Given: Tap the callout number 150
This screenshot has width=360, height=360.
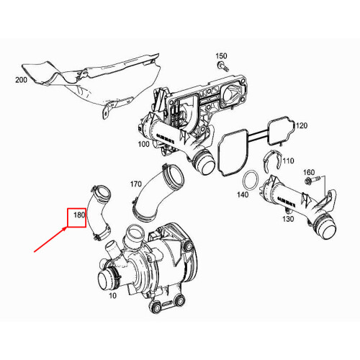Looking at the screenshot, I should [221, 56].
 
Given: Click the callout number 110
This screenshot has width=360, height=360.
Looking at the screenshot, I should [289, 160].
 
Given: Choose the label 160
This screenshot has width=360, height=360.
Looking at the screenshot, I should [309, 173].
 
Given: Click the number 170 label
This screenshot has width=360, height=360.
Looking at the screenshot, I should [135, 184].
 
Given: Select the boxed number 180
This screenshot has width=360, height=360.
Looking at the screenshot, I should [77, 216].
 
